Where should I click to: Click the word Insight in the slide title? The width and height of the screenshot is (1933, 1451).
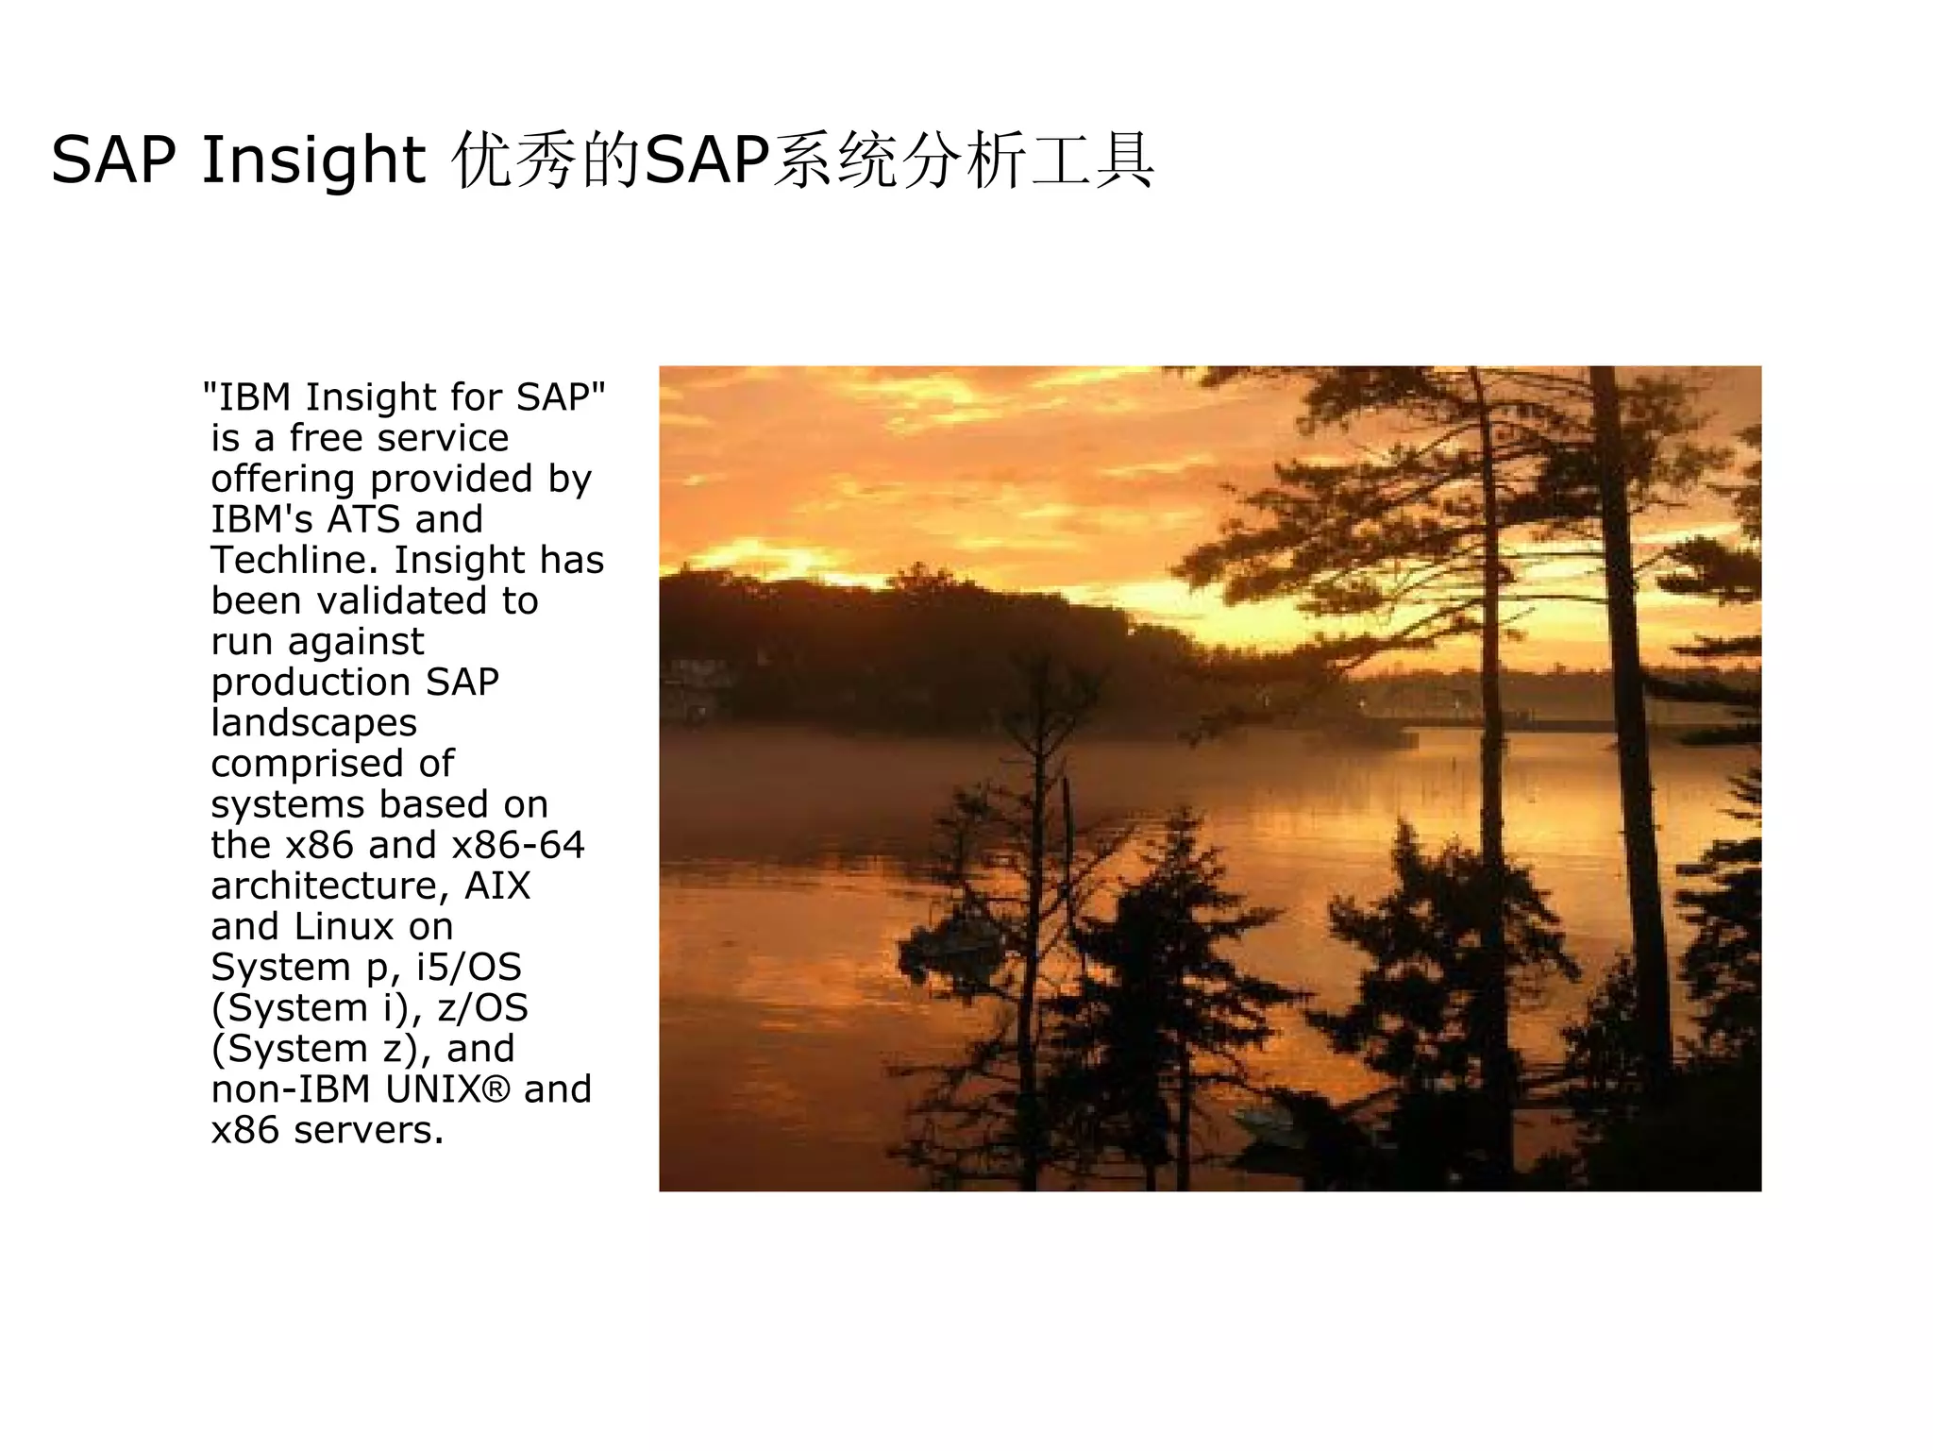pos(313,160)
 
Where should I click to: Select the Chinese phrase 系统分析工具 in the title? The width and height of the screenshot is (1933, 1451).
pos(963,160)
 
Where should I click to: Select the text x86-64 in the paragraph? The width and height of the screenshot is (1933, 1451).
pos(518,845)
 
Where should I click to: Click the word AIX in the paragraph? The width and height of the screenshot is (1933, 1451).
pos(497,886)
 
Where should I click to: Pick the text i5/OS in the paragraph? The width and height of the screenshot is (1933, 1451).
pos(468,967)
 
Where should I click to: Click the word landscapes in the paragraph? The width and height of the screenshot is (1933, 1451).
pos(313,723)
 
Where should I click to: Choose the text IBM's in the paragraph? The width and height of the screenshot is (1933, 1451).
pos(261,519)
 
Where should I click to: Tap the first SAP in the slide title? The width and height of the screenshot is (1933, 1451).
pos(112,160)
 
